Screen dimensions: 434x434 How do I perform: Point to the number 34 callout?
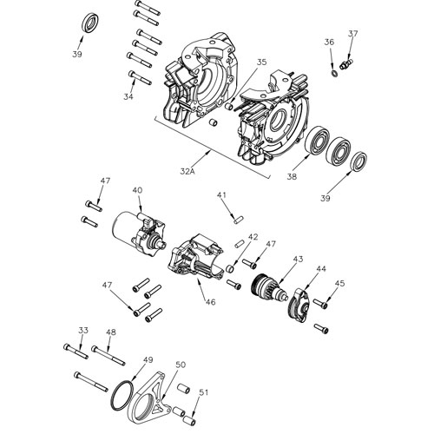pyautogui.click(x=128, y=96)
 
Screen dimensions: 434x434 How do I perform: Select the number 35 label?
pyautogui.click(x=261, y=62)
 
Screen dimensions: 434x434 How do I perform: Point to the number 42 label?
pyautogui.click(x=253, y=236)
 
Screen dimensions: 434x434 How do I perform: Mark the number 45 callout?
pyautogui.click(x=339, y=283)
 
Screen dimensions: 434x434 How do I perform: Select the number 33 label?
pyautogui.click(x=83, y=331)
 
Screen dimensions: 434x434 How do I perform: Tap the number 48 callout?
pyautogui.click(x=111, y=332)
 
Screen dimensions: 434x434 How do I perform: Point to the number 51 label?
pyautogui.click(x=202, y=393)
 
